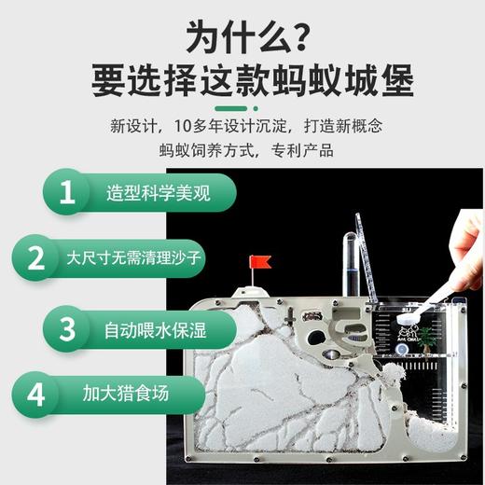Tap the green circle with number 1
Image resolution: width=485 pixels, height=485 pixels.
point(66,193)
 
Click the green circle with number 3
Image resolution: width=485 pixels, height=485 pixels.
point(66,328)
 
